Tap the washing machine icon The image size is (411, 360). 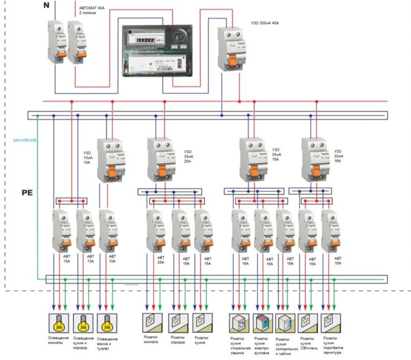(238, 323)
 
